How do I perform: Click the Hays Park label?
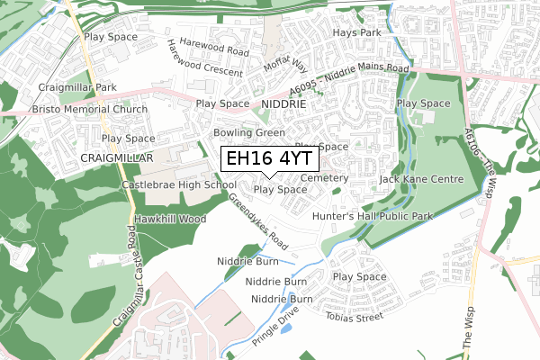358,32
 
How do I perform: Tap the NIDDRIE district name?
283,104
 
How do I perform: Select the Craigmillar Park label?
77,87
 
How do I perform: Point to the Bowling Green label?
248,132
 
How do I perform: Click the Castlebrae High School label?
179,184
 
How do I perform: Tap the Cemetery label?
325,179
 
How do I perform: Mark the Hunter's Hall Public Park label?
385,217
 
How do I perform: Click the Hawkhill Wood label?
169,219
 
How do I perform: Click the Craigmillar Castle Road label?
125,277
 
